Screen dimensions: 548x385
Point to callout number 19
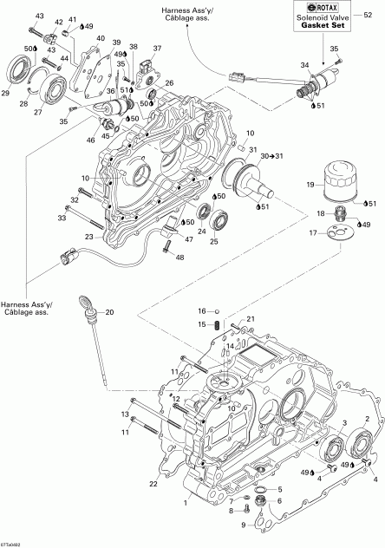click(x=308, y=186)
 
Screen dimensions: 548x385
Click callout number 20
click(x=109, y=312)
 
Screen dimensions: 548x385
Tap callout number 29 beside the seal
click(x=6, y=93)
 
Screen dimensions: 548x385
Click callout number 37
click(x=158, y=48)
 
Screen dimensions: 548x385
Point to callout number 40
click(x=101, y=39)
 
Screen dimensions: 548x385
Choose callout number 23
click(x=88, y=236)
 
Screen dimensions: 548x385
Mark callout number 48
click(x=179, y=258)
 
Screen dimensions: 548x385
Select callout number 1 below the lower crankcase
click(x=184, y=503)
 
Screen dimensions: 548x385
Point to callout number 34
click(x=303, y=65)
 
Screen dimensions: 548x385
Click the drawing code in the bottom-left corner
click(x=11, y=542)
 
